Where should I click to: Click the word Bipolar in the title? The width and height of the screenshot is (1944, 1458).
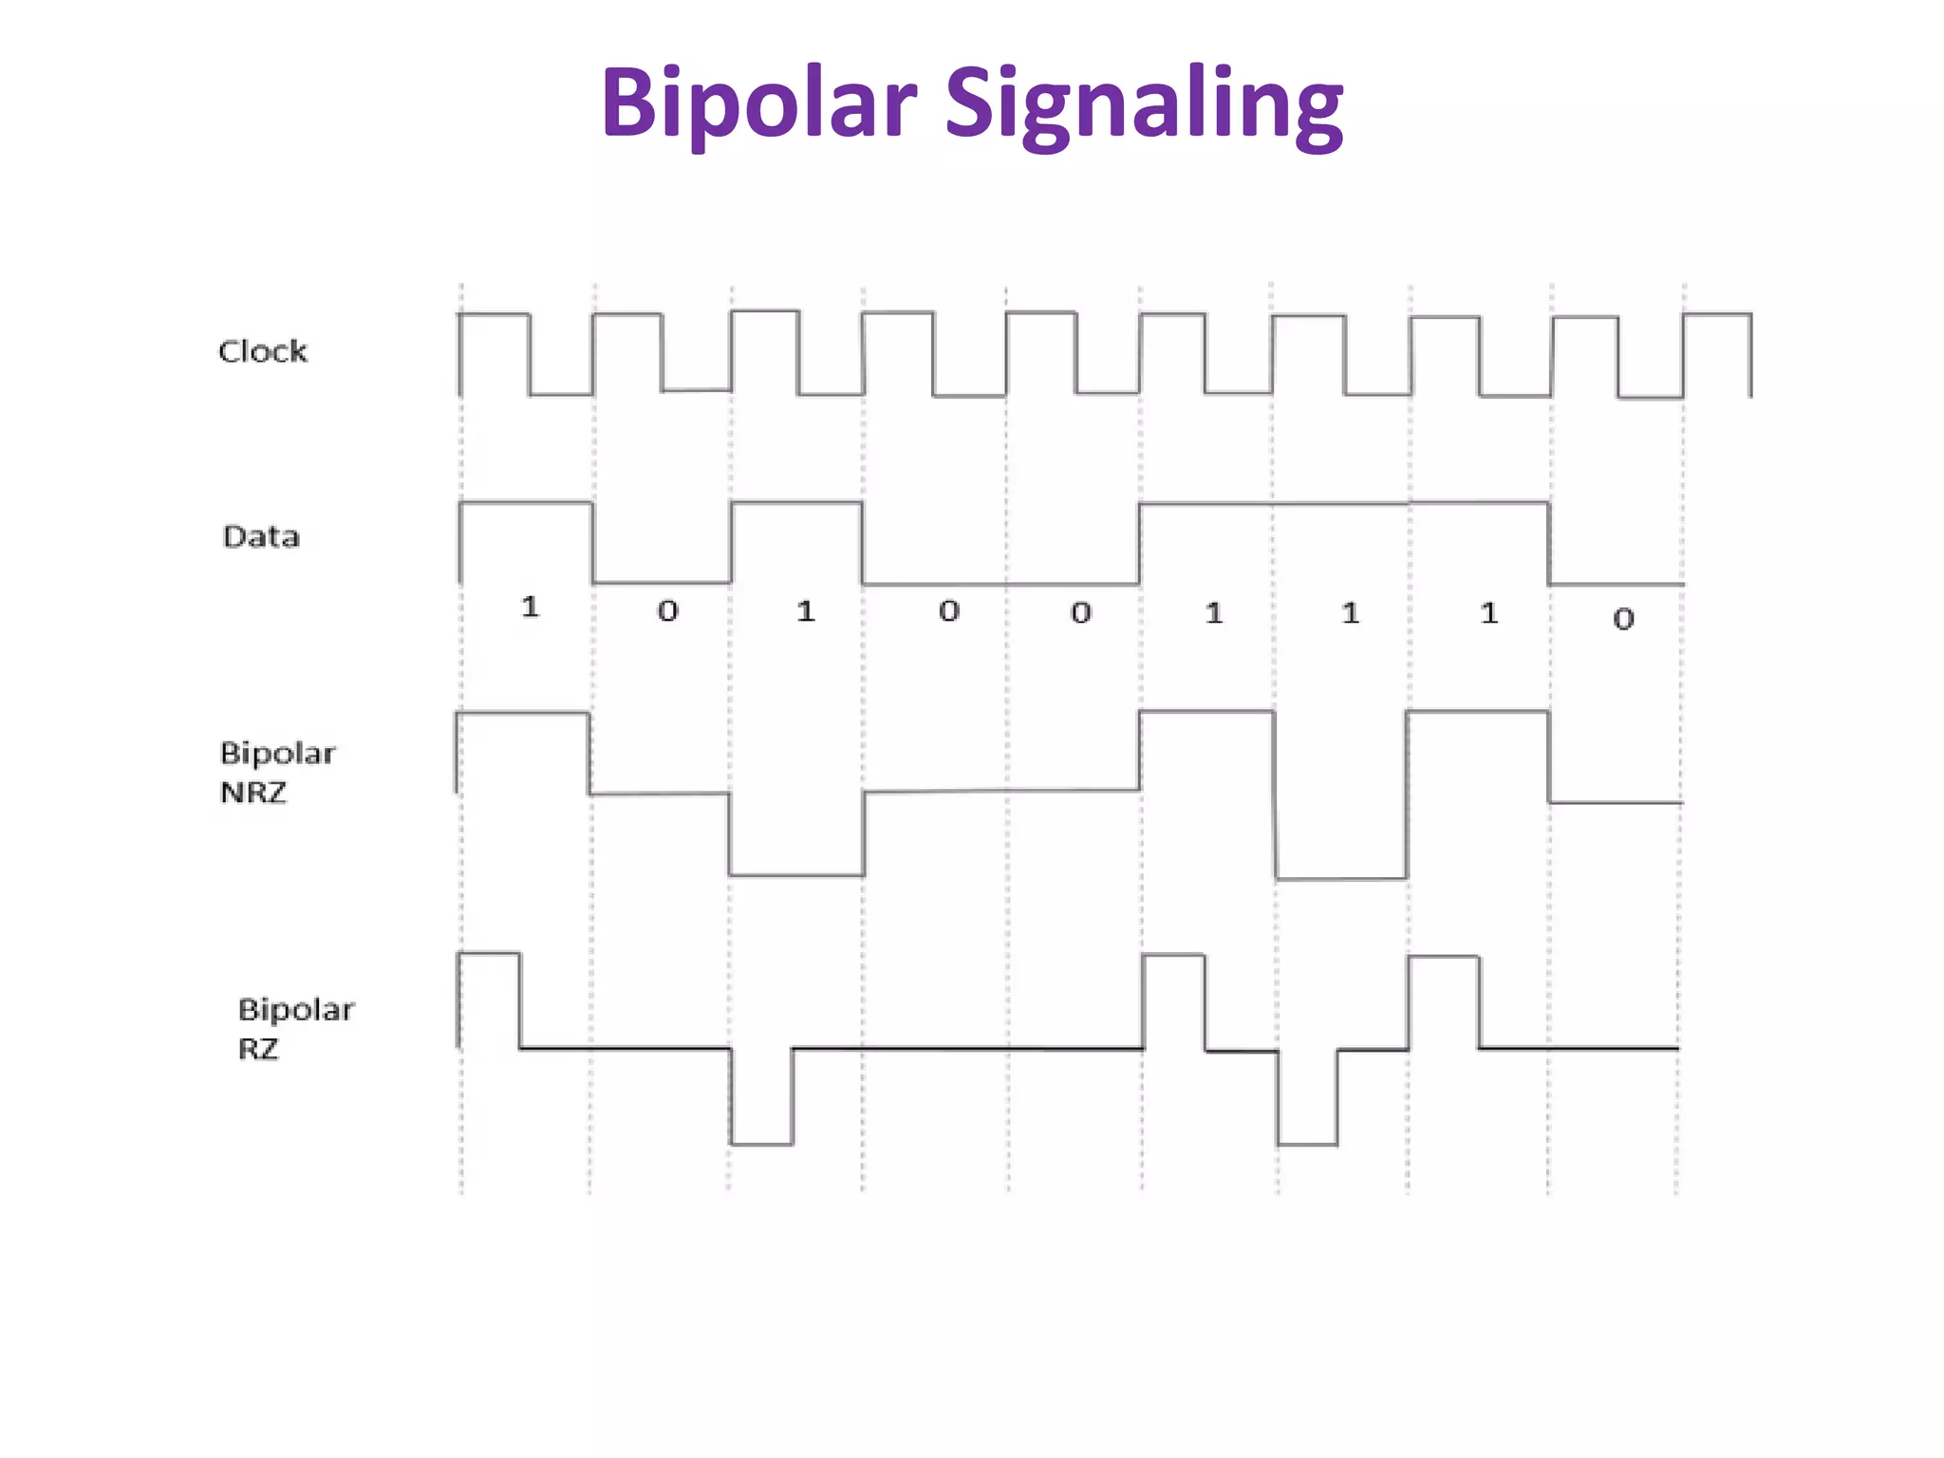[x=758, y=103]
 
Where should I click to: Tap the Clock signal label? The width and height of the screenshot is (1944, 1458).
[x=263, y=351]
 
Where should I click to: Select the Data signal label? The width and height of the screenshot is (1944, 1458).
[x=261, y=536]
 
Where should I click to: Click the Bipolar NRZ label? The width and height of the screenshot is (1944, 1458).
[x=276, y=773]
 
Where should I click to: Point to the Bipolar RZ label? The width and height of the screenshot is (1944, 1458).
[x=295, y=1029]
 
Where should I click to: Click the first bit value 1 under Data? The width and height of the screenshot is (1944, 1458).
[x=531, y=607]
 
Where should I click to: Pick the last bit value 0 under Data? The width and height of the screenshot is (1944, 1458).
[x=1623, y=619]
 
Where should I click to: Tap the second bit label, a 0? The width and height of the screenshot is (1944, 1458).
[x=668, y=611]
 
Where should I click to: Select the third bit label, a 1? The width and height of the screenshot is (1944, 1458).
[x=806, y=611]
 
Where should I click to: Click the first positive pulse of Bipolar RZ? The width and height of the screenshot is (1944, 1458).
[x=490, y=997]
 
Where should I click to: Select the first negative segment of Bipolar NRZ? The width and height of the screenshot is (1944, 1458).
[x=796, y=835]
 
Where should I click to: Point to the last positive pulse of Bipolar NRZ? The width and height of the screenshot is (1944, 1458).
[x=1477, y=755]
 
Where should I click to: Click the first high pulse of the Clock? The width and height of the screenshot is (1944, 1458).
[x=494, y=351]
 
